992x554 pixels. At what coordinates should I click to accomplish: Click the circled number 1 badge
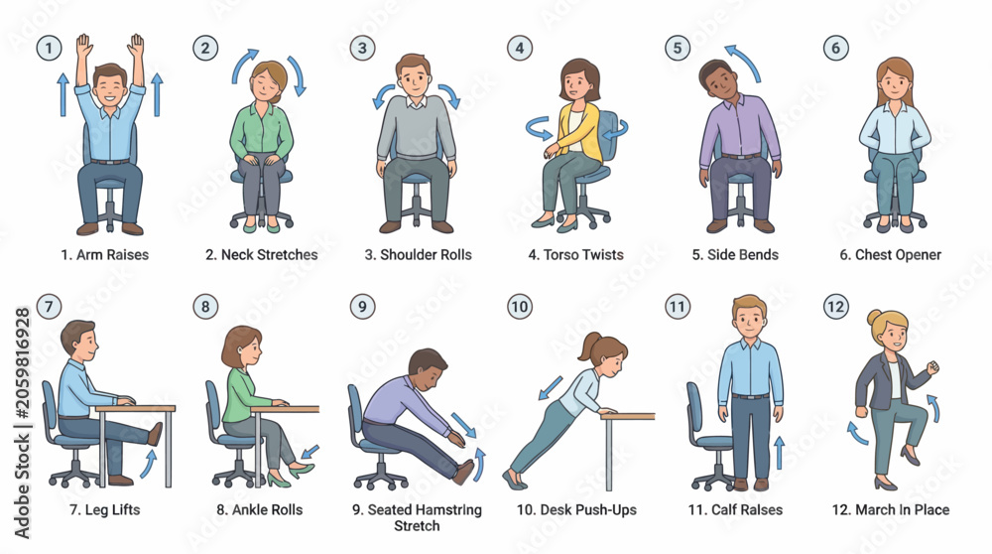tap(49, 48)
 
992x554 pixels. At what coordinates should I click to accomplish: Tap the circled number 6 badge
tap(835, 48)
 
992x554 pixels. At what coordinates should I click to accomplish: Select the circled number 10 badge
tap(520, 307)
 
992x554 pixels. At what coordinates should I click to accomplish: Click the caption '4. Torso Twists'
tap(575, 254)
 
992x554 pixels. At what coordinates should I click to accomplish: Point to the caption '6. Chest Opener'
tap(890, 254)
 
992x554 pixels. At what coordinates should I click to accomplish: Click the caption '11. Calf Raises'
tap(735, 509)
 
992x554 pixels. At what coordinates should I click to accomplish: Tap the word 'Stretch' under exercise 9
tap(417, 526)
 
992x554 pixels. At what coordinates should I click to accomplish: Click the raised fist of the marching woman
tap(930, 367)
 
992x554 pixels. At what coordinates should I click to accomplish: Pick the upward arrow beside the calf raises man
tap(780, 453)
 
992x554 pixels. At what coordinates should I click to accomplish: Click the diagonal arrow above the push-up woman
tap(551, 388)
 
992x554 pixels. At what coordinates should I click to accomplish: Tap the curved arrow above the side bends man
tap(744, 62)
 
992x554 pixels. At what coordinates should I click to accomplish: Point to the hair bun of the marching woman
tap(874, 317)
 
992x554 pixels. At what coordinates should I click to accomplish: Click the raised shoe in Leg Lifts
tap(155, 434)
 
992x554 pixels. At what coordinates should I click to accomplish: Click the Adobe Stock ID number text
tap(23, 363)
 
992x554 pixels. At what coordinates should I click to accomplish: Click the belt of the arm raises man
tap(110, 162)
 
